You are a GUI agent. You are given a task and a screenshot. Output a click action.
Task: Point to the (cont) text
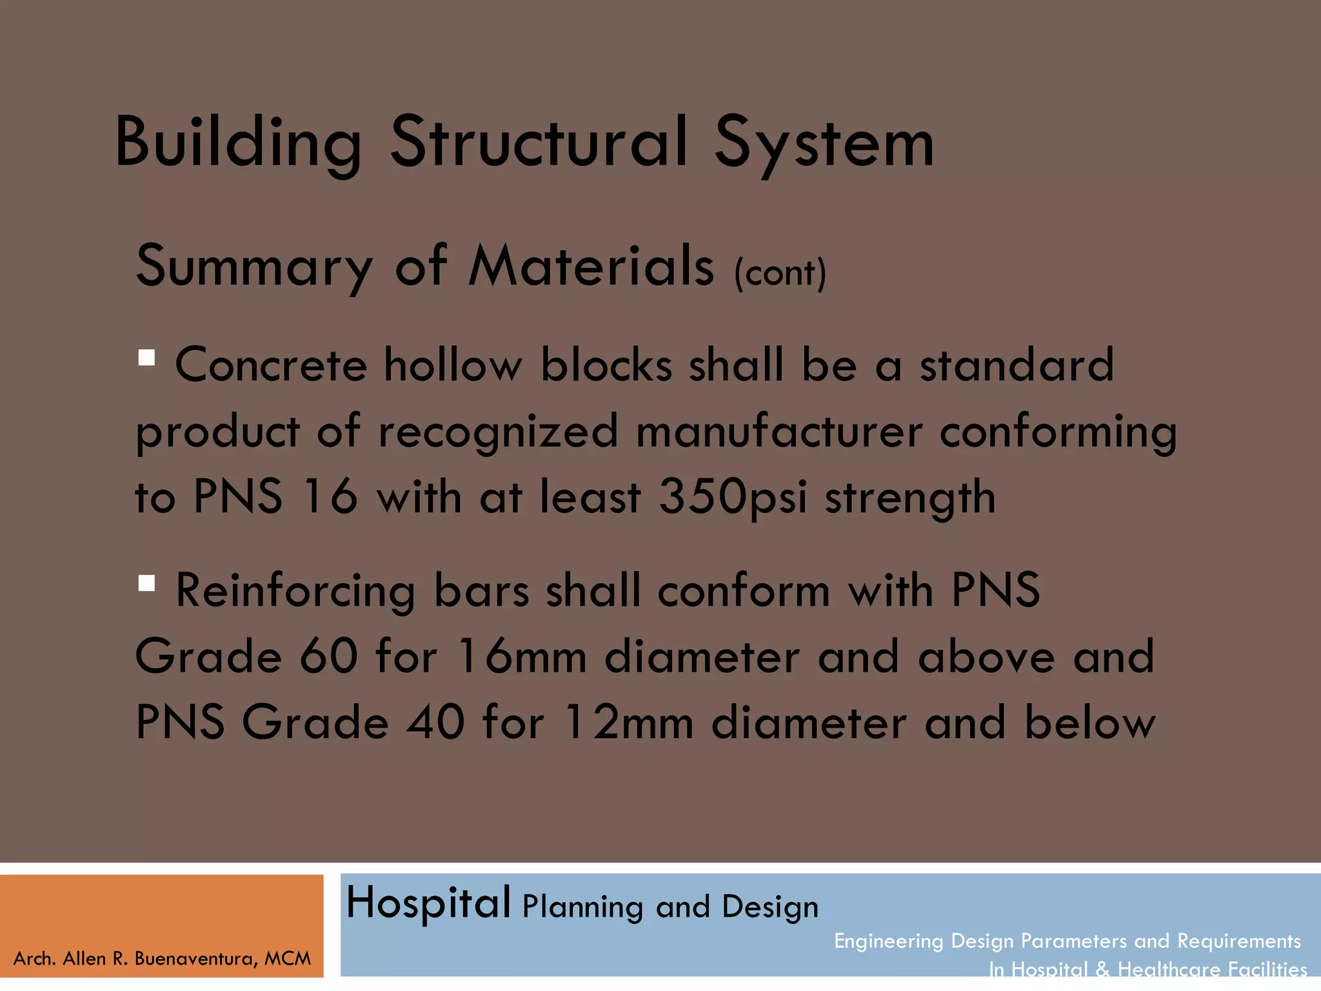point(780,274)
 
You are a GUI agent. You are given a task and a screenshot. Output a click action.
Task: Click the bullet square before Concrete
point(146,357)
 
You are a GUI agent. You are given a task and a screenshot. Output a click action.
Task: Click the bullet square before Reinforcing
point(146,583)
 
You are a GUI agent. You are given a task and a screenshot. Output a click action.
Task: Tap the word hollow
point(453,365)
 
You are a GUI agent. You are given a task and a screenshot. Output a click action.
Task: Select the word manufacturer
point(779,431)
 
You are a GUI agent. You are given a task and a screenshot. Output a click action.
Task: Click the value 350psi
point(733,497)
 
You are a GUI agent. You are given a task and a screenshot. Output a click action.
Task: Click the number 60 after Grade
point(328,656)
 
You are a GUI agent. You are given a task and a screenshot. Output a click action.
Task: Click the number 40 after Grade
point(435,723)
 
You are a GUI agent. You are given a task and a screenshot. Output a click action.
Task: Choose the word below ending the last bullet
point(1089,723)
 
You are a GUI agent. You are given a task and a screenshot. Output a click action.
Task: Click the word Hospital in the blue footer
point(428,903)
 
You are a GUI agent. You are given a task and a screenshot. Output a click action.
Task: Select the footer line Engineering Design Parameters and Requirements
point(1067,941)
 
